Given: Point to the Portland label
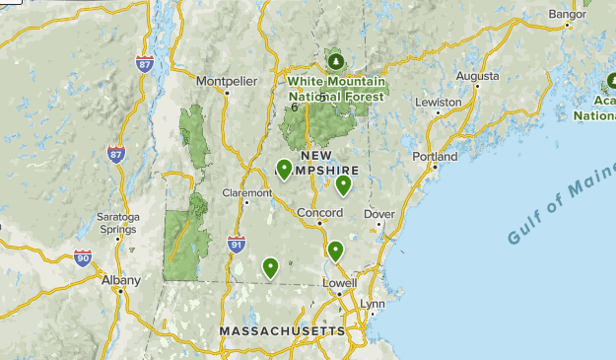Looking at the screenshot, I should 436,156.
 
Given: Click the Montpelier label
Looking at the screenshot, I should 220,80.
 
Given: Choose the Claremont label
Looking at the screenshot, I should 246,193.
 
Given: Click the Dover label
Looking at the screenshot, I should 378,213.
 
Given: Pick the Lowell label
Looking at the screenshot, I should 339,282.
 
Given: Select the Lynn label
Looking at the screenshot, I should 372,304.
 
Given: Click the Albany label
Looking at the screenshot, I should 120,280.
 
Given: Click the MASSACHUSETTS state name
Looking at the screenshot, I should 282,330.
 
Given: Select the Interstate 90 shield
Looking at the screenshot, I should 83,258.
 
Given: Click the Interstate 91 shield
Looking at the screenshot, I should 236,244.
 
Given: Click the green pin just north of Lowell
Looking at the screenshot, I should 335,252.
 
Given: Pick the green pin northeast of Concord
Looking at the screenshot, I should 344,184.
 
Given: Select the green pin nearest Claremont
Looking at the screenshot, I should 284,170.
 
